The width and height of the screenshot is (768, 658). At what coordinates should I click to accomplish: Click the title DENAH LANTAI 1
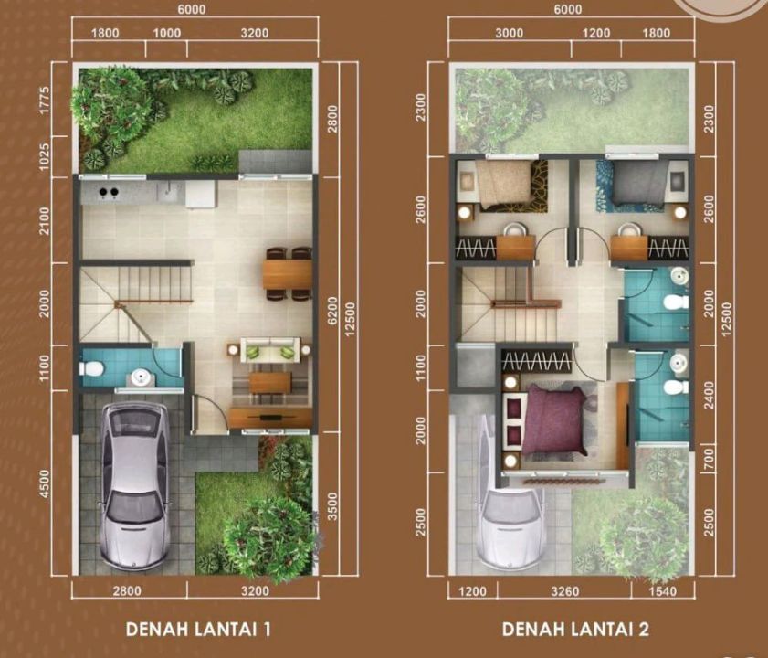coord(198,629)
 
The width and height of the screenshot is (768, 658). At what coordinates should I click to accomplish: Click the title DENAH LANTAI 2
coord(576,629)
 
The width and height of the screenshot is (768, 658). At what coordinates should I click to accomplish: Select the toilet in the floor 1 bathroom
coord(91,367)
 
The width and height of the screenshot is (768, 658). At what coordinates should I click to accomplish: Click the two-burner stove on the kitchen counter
coord(109,192)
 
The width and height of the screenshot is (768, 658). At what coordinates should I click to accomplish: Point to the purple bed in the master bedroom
coord(555,420)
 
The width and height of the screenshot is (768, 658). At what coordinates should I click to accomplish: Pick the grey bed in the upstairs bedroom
coord(637,183)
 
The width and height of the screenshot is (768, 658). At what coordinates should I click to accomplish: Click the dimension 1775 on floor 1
coord(45,100)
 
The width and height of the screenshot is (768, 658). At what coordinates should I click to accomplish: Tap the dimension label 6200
coord(333,311)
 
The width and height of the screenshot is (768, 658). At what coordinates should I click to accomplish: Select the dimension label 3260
coord(564,591)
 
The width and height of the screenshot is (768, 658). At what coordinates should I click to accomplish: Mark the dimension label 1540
coord(662,591)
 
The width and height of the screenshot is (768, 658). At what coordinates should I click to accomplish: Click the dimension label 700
coord(709,458)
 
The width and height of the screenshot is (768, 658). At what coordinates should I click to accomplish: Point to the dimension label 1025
coord(45,157)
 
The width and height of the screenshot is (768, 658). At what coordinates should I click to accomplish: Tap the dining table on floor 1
coord(287,274)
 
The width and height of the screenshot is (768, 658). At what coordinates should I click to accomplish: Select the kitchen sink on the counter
coord(170,191)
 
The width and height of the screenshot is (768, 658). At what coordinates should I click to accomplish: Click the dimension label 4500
coord(45,484)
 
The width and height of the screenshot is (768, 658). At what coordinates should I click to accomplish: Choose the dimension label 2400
coord(709,395)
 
